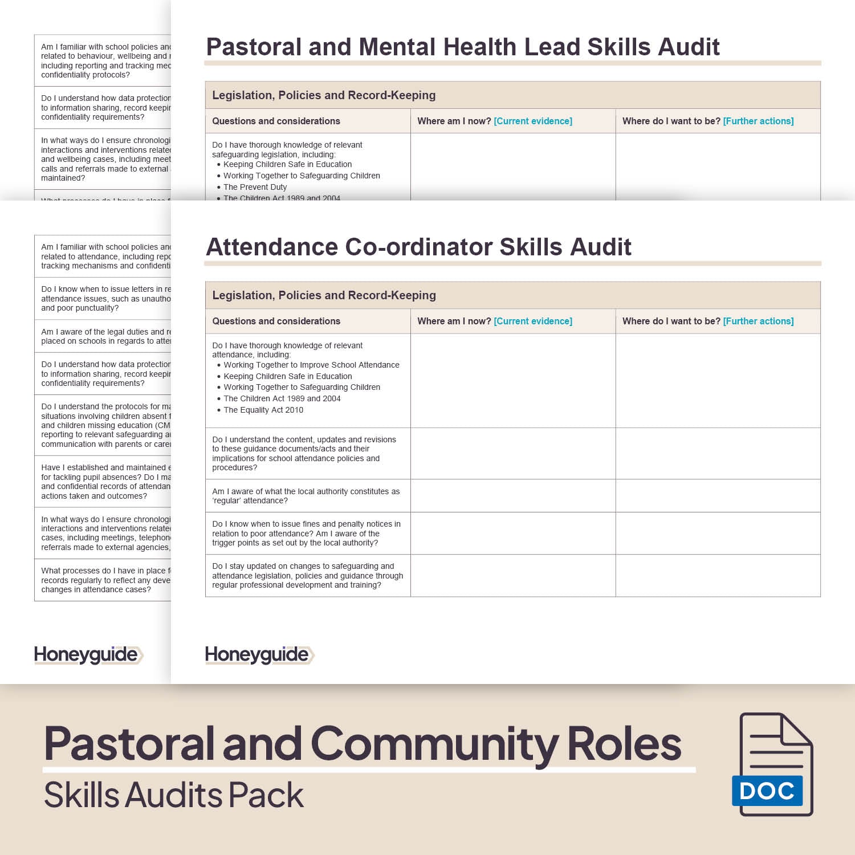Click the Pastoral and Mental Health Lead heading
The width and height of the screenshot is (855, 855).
462,47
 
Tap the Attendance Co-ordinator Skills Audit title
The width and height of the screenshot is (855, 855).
418,247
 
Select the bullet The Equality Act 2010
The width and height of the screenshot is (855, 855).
263,410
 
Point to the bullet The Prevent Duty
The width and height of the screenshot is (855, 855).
255,187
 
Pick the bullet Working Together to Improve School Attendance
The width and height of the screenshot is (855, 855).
311,365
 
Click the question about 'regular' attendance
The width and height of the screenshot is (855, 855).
306,496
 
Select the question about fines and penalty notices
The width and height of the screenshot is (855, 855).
306,534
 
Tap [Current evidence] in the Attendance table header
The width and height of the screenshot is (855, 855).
533,321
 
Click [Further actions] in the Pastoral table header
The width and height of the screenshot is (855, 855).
758,121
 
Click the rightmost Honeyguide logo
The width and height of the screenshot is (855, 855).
259,655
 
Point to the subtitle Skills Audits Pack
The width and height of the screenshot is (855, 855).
174,795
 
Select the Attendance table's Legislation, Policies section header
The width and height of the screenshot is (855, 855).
324,295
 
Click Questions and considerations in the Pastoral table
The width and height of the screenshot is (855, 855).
276,121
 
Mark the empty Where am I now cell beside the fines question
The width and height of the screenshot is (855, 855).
513,534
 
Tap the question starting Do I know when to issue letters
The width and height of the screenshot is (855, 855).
105,299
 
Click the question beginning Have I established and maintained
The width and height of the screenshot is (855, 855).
105,482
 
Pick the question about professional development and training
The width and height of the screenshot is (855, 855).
307,576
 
